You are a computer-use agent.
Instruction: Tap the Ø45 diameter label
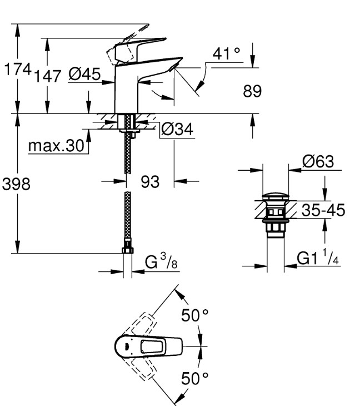tap(84, 75)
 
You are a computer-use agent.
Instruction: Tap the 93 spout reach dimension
tap(150, 182)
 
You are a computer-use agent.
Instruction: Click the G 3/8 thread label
tap(162, 262)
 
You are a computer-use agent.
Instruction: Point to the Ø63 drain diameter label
tap(317, 162)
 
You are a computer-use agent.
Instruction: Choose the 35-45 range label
tap(323, 211)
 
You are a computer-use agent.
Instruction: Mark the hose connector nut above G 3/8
tap(127, 252)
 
